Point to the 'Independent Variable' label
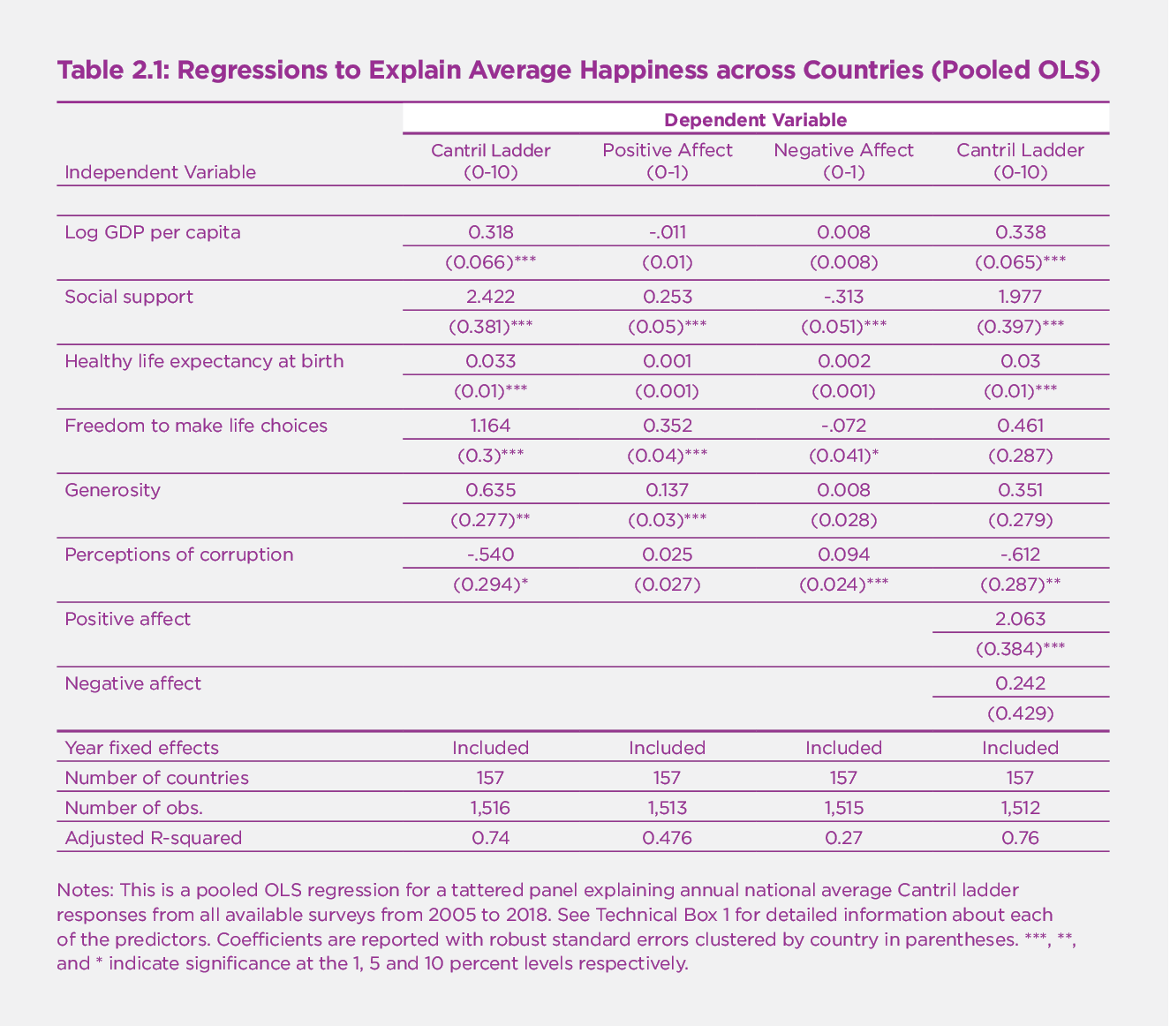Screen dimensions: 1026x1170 click(x=161, y=172)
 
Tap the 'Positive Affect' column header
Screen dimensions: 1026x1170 click(x=667, y=150)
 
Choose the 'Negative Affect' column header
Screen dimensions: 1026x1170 click(x=843, y=150)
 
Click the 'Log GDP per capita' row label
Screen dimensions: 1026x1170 click(x=153, y=232)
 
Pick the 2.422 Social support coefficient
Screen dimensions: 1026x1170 click(x=490, y=297)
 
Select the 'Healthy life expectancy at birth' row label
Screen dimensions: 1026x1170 click(x=205, y=361)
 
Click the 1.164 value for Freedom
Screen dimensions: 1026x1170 click(x=490, y=426)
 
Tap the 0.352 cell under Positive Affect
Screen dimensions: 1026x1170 click(x=667, y=426)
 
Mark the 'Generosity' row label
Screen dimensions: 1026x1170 click(x=113, y=490)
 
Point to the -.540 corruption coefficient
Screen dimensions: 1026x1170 click(x=490, y=554)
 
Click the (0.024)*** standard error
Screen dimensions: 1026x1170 click(x=843, y=585)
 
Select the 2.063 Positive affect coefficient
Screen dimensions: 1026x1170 click(x=1020, y=619)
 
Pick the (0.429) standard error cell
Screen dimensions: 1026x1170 click(x=1020, y=713)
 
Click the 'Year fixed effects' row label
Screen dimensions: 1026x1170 click(x=142, y=748)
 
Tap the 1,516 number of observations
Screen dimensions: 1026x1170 click(x=490, y=808)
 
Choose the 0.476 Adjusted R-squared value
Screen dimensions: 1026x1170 click(x=667, y=838)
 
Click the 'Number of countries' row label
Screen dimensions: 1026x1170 click(x=157, y=778)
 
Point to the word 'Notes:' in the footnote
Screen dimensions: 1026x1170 click(x=84, y=889)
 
